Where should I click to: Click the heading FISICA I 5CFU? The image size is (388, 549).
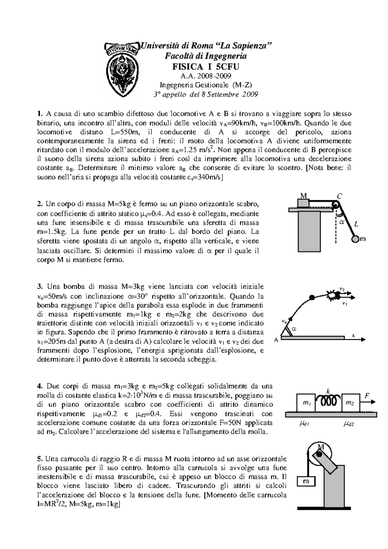(x=205, y=67)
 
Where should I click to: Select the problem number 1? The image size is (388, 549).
(x=39, y=114)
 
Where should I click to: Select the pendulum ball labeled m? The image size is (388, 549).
(x=355, y=239)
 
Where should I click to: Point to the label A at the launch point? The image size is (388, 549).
(x=276, y=340)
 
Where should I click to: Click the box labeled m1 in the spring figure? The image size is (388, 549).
(x=306, y=403)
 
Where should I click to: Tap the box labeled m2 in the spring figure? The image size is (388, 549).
(x=350, y=403)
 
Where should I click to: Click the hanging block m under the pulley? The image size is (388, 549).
(x=306, y=481)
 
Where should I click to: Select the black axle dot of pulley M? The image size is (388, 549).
(x=318, y=454)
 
